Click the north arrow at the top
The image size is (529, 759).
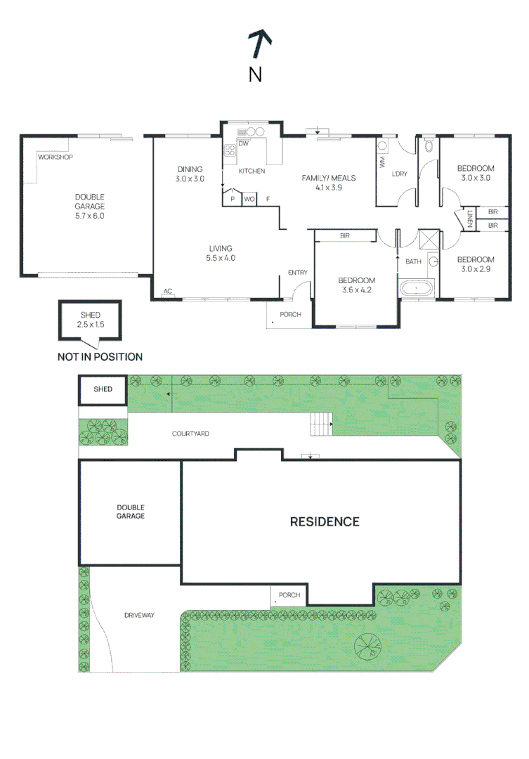260,45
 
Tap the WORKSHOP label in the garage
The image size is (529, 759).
55,157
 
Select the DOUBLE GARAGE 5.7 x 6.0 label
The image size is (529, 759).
90,207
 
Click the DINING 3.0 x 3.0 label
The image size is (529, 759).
190,174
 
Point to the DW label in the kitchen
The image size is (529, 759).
243,144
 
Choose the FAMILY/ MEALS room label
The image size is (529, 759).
328,183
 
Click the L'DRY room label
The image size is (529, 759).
399,174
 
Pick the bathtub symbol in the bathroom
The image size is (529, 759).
416,288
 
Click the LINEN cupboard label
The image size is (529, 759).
469,219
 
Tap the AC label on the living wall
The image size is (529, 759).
168,291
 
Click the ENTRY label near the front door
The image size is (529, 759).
297,273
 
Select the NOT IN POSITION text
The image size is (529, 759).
100,357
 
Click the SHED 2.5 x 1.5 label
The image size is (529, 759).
90,320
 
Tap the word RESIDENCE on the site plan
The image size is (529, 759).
325,521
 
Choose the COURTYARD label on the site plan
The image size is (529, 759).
191,434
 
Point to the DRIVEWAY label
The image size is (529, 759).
139,615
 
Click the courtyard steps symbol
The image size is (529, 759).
322,424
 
